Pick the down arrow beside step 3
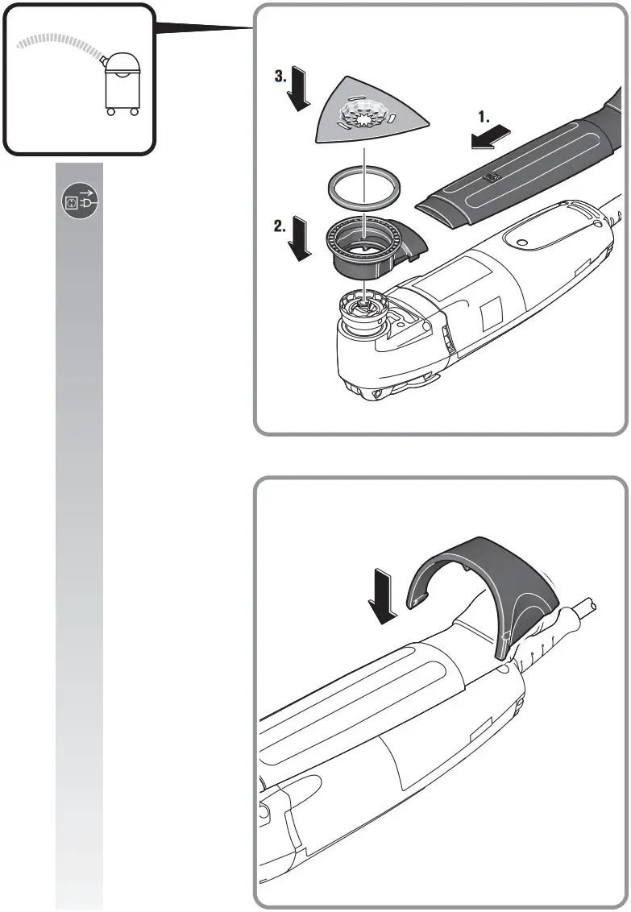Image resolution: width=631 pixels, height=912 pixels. tap(301, 92)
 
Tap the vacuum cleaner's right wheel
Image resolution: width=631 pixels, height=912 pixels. tap(133, 111)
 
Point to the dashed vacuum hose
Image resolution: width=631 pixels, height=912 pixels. tap(56, 40)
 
